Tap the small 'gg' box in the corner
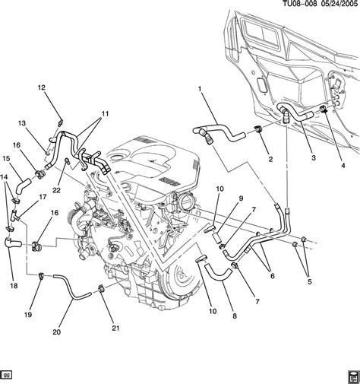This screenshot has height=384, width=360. point(8,374)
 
